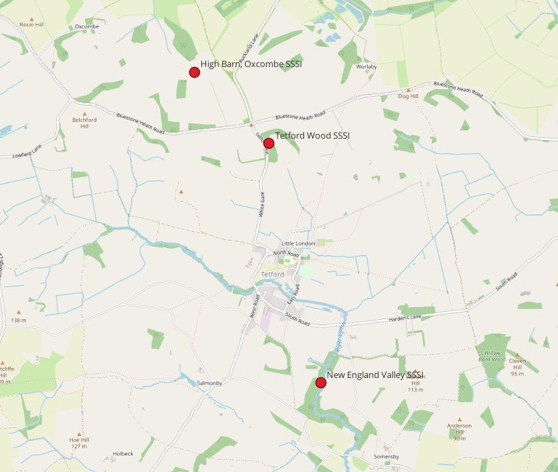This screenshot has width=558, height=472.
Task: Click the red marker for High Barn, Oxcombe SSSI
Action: pos(195,72)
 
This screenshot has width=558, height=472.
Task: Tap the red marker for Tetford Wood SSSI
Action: pos(268,143)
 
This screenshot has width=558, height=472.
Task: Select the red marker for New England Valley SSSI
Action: pos(321,383)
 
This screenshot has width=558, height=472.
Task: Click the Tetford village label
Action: pos(272,274)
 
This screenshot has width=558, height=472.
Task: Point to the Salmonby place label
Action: pos(209,383)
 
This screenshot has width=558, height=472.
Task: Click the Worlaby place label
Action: pos(366,67)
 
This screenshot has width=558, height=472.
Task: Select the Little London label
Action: pos(298,243)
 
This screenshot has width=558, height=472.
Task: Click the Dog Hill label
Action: pos(409,96)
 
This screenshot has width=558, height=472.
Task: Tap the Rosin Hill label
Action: pos(31,24)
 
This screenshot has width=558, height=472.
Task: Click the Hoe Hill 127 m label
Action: pos(79,443)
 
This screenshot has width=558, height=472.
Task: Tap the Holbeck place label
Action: pos(123,453)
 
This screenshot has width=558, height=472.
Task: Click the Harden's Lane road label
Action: pos(405,318)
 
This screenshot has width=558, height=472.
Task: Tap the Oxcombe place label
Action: pos(87,26)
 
